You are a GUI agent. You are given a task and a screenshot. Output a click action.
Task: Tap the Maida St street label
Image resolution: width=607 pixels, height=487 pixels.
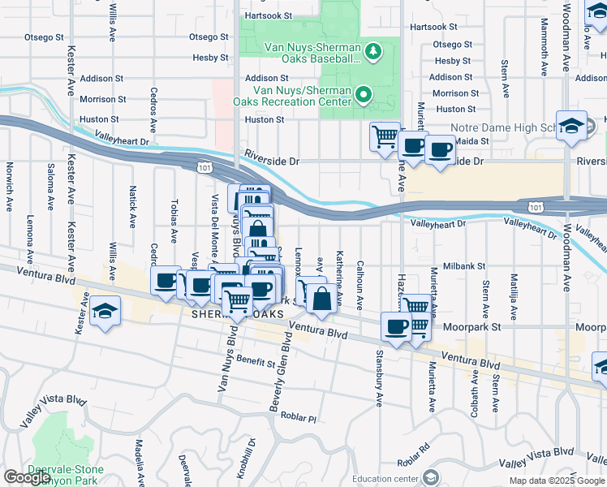click(473, 141)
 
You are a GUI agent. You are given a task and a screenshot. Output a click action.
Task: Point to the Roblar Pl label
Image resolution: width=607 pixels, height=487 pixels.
click(299, 418)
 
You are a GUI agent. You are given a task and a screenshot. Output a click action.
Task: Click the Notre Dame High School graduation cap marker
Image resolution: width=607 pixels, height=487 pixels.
click(571, 126)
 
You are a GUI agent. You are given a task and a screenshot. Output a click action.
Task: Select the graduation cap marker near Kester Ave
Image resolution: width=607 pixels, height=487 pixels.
click(105, 312)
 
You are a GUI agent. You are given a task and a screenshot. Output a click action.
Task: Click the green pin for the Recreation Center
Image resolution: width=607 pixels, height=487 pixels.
click(364, 96)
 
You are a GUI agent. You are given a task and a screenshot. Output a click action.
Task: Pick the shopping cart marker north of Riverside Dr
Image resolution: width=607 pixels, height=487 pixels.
click(385, 135)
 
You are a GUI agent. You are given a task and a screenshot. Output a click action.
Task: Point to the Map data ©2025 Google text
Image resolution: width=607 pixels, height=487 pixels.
click(556, 481)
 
